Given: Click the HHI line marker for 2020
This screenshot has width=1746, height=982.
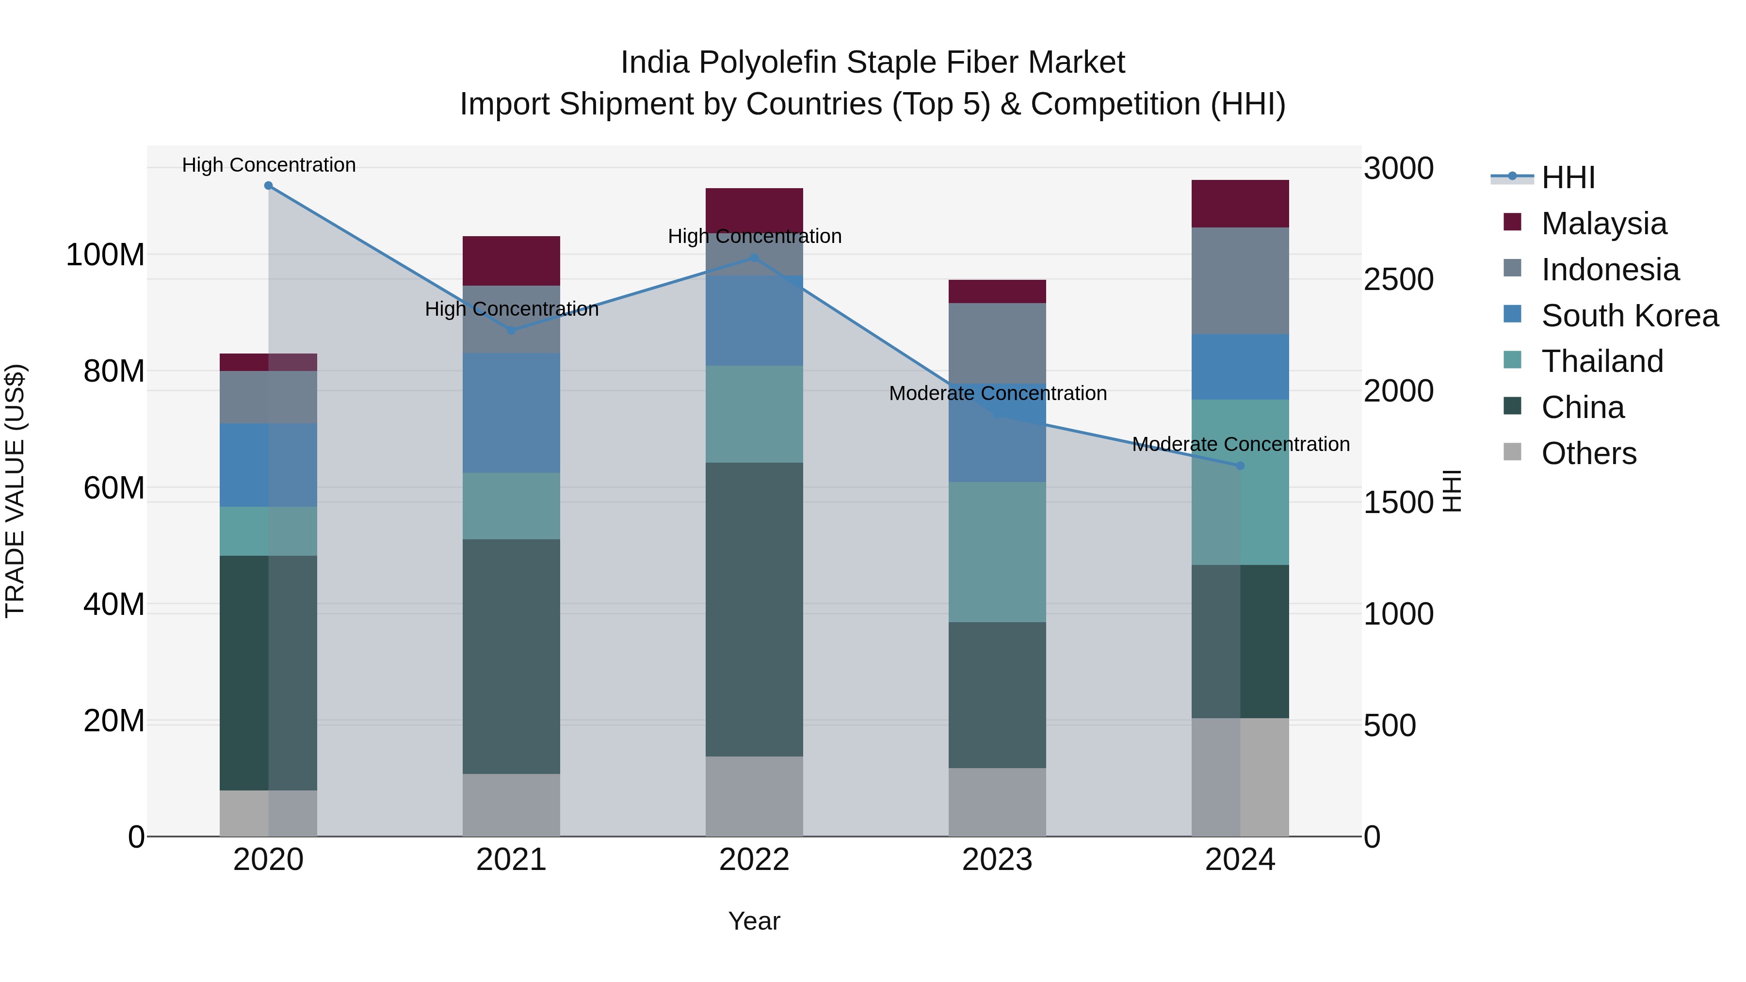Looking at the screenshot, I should pyautogui.click(x=268, y=186).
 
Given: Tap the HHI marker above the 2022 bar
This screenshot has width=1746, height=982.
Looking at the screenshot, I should pyautogui.click(x=754, y=258).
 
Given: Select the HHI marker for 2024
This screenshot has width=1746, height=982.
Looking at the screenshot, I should pyautogui.click(x=1240, y=466).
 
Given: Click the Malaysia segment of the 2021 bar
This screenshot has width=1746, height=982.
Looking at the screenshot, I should pyautogui.click(x=511, y=261).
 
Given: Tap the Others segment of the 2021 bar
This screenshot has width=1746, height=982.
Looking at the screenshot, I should pyautogui.click(x=511, y=805).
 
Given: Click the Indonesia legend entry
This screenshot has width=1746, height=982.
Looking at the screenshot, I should pyautogui.click(x=1610, y=270).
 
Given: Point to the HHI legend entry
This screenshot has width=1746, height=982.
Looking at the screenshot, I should pyautogui.click(x=1567, y=177).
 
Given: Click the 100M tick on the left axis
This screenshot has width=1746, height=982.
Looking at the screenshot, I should pyautogui.click(x=105, y=256).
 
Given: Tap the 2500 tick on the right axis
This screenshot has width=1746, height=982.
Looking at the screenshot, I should pyautogui.click(x=1398, y=279).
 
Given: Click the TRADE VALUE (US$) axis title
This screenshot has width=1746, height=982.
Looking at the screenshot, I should pyautogui.click(x=15, y=491).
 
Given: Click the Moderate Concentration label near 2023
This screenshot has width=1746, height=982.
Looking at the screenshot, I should pyautogui.click(x=997, y=393).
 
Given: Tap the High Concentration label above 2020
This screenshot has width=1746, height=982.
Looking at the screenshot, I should pyautogui.click(x=268, y=165).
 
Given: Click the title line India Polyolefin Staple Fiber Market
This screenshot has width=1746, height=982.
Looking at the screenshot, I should pyautogui.click(x=873, y=63).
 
